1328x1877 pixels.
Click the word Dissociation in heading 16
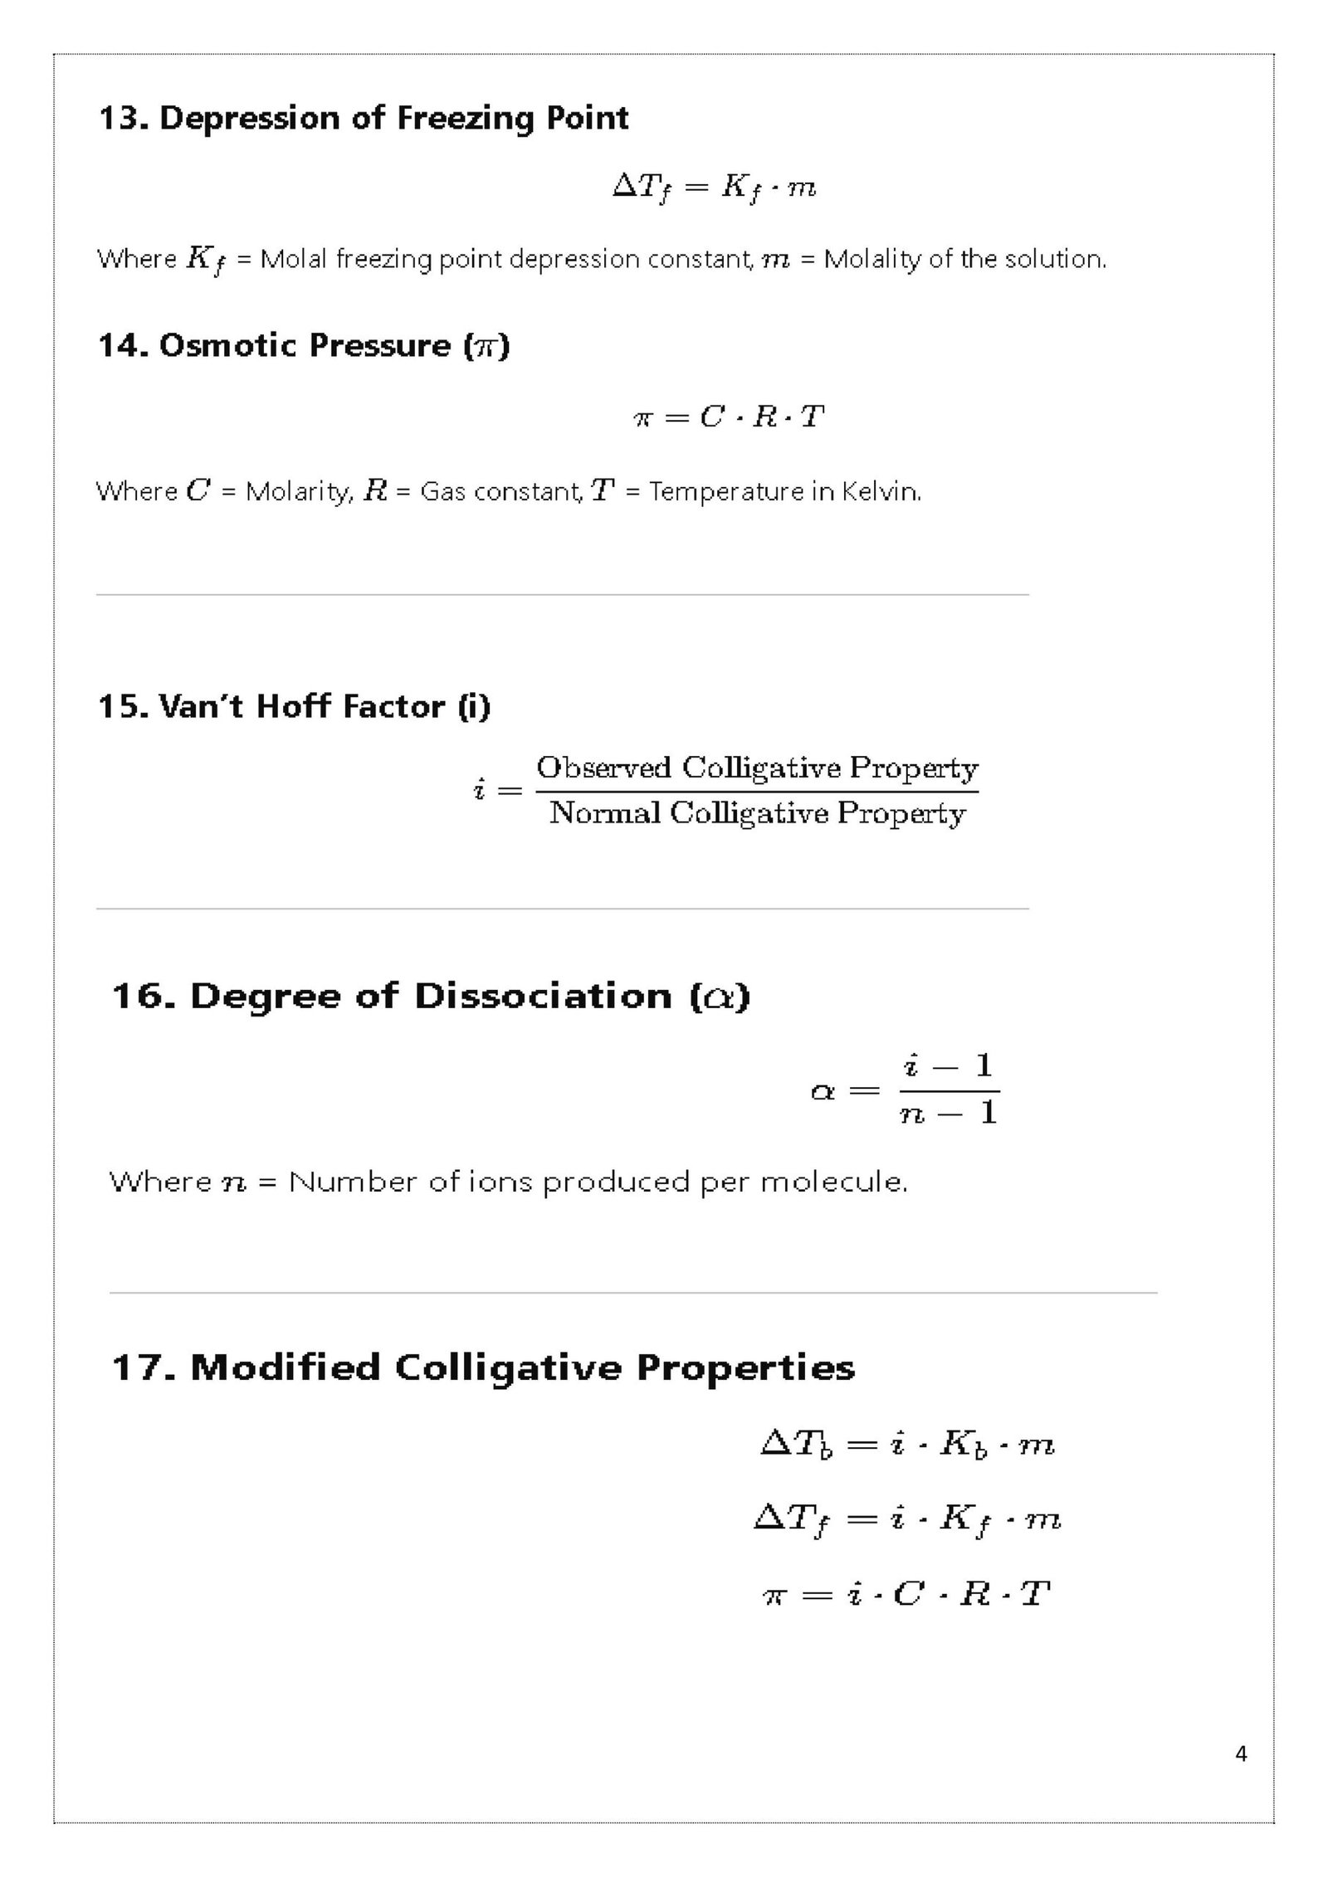tap(543, 997)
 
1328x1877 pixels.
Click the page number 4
tap(1241, 1753)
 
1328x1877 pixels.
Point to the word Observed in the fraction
tap(604, 768)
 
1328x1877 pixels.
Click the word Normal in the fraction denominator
tap(603, 813)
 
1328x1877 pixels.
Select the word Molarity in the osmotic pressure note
tap(300, 492)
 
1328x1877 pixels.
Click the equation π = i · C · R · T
tap(907, 1594)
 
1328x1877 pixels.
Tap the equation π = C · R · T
tap(728, 417)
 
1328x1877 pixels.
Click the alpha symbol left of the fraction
tap(823, 1091)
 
